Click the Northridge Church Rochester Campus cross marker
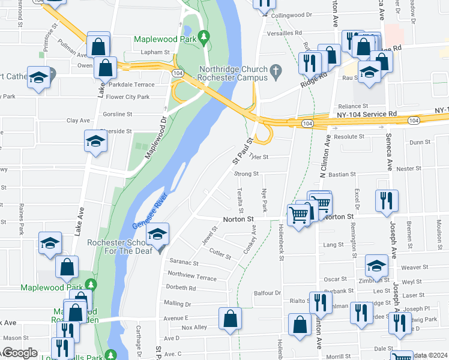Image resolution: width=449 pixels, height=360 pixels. tap(276, 73)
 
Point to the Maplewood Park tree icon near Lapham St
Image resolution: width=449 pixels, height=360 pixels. tap(204, 38)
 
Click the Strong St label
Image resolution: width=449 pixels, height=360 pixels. tap(246, 175)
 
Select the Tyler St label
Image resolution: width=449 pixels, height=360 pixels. tap(259, 157)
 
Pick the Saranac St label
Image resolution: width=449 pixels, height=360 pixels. tap(183, 262)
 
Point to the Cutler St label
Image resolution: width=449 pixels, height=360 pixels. tap(220, 254)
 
